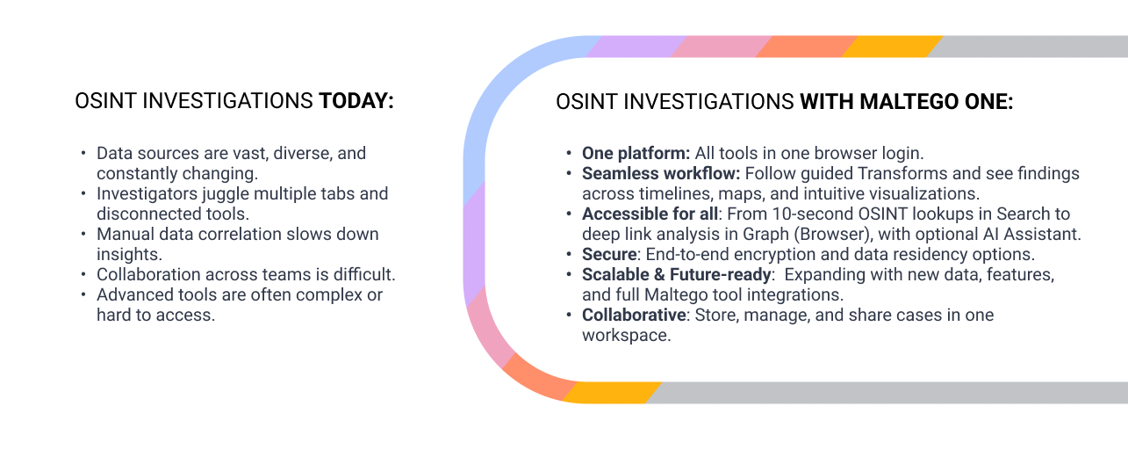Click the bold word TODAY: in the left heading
click(x=356, y=101)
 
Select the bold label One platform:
click(x=636, y=153)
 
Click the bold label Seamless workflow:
click(x=661, y=173)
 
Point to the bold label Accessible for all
click(x=650, y=214)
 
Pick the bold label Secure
click(x=609, y=254)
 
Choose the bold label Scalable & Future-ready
click(x=676, y=274)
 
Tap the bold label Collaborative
click(x=634, y=315)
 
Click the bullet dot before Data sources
click(x=83, y=152)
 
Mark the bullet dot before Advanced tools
click(x=83, y=294)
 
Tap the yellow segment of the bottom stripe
click(x=612, y=393)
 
